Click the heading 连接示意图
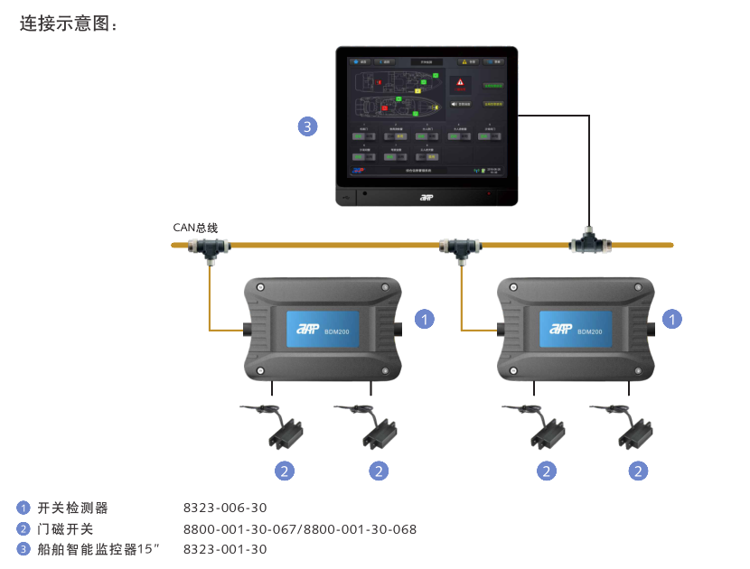coord(69,24)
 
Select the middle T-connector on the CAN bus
coord(460,246)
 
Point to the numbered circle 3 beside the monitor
coord(307,126)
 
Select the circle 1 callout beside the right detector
coord(672,319)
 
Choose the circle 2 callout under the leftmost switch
coord(285,471)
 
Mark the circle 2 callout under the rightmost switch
coord(639,471)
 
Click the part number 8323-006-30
coord(225,508)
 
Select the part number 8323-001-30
coord(225,549)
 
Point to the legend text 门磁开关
coord(66,529)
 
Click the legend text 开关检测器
coord(72,508)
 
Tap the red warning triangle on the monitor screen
coord(461,82)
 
